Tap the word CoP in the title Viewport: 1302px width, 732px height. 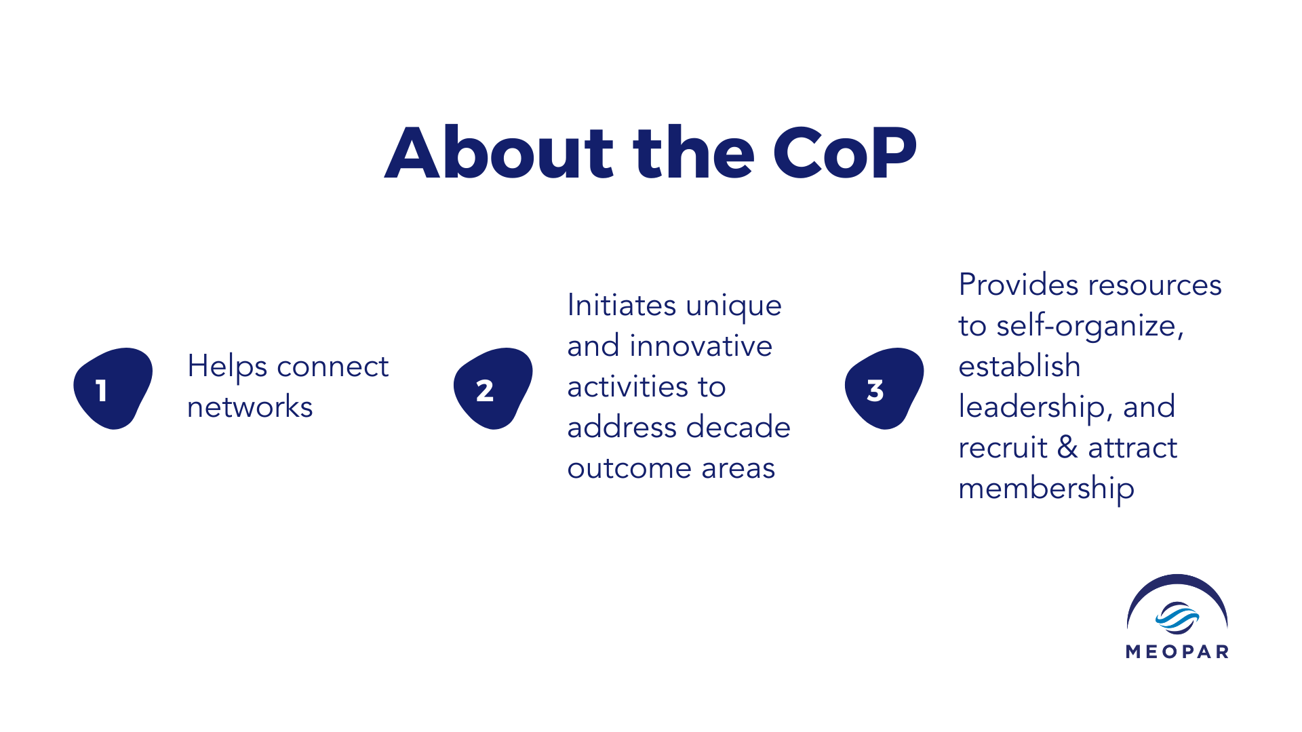tap(845, 154)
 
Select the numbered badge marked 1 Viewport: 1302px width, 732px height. tap(113, 388)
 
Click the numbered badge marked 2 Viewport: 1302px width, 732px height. tap(493, 388)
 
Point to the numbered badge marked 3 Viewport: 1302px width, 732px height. tap(884, 388)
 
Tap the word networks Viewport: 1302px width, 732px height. tap(250, 407)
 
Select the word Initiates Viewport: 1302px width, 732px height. tap(621, 305)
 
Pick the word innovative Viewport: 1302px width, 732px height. tap(701, 346)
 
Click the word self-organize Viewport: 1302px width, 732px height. tap(1090, 327)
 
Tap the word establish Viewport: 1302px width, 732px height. tap(1019, 366)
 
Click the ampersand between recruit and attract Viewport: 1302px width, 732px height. tap(1068, 447)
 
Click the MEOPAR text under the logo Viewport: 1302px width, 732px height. tap(1177, 652)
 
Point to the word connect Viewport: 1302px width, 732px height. tap(332, 367)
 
